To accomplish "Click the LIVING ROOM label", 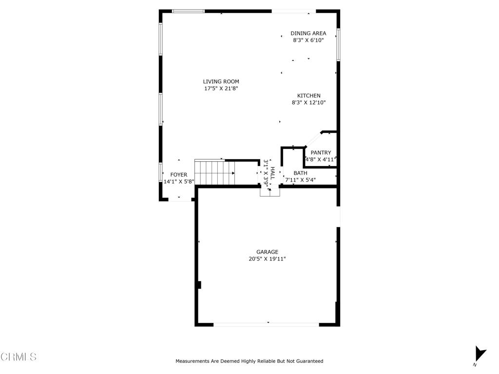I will (x=221, y=81).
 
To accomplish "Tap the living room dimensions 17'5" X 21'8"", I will (x=221, y=89).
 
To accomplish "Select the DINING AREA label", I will (x=308, y=34).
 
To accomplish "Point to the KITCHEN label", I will (x=309, y=95).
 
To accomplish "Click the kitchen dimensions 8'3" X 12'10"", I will (x=308, y=103).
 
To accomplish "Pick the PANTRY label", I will (x=321, y=152).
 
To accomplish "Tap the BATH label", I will (x=300, y=173).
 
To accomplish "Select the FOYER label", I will (x=178, y=174).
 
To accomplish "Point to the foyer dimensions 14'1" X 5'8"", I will (x=179, y=182).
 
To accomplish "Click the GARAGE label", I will (x=268, y=252).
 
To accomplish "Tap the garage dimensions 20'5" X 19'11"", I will (x=267, y=259).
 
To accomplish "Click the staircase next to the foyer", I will (x=214, y=173).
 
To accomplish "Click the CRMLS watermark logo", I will (x=19, y=357).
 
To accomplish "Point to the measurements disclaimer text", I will (x=249, y=361).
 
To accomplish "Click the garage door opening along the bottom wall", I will (x=267, y=324).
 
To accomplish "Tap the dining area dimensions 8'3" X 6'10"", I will (x=308, y=41).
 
